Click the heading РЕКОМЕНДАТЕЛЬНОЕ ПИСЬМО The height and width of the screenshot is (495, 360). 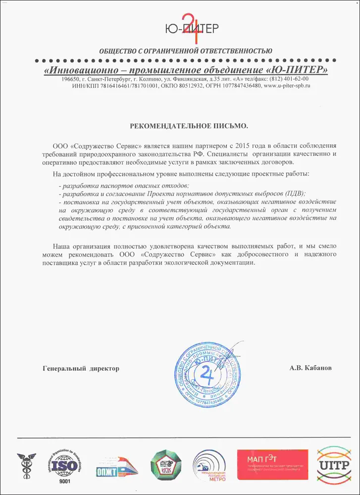[189, 127]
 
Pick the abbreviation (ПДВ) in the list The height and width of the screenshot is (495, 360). [294, 193]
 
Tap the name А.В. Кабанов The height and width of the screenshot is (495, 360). [311, 368]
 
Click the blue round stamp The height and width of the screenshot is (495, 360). [210, 374]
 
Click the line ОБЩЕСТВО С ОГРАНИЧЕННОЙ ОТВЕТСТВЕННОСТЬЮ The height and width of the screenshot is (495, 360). [186, 50]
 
